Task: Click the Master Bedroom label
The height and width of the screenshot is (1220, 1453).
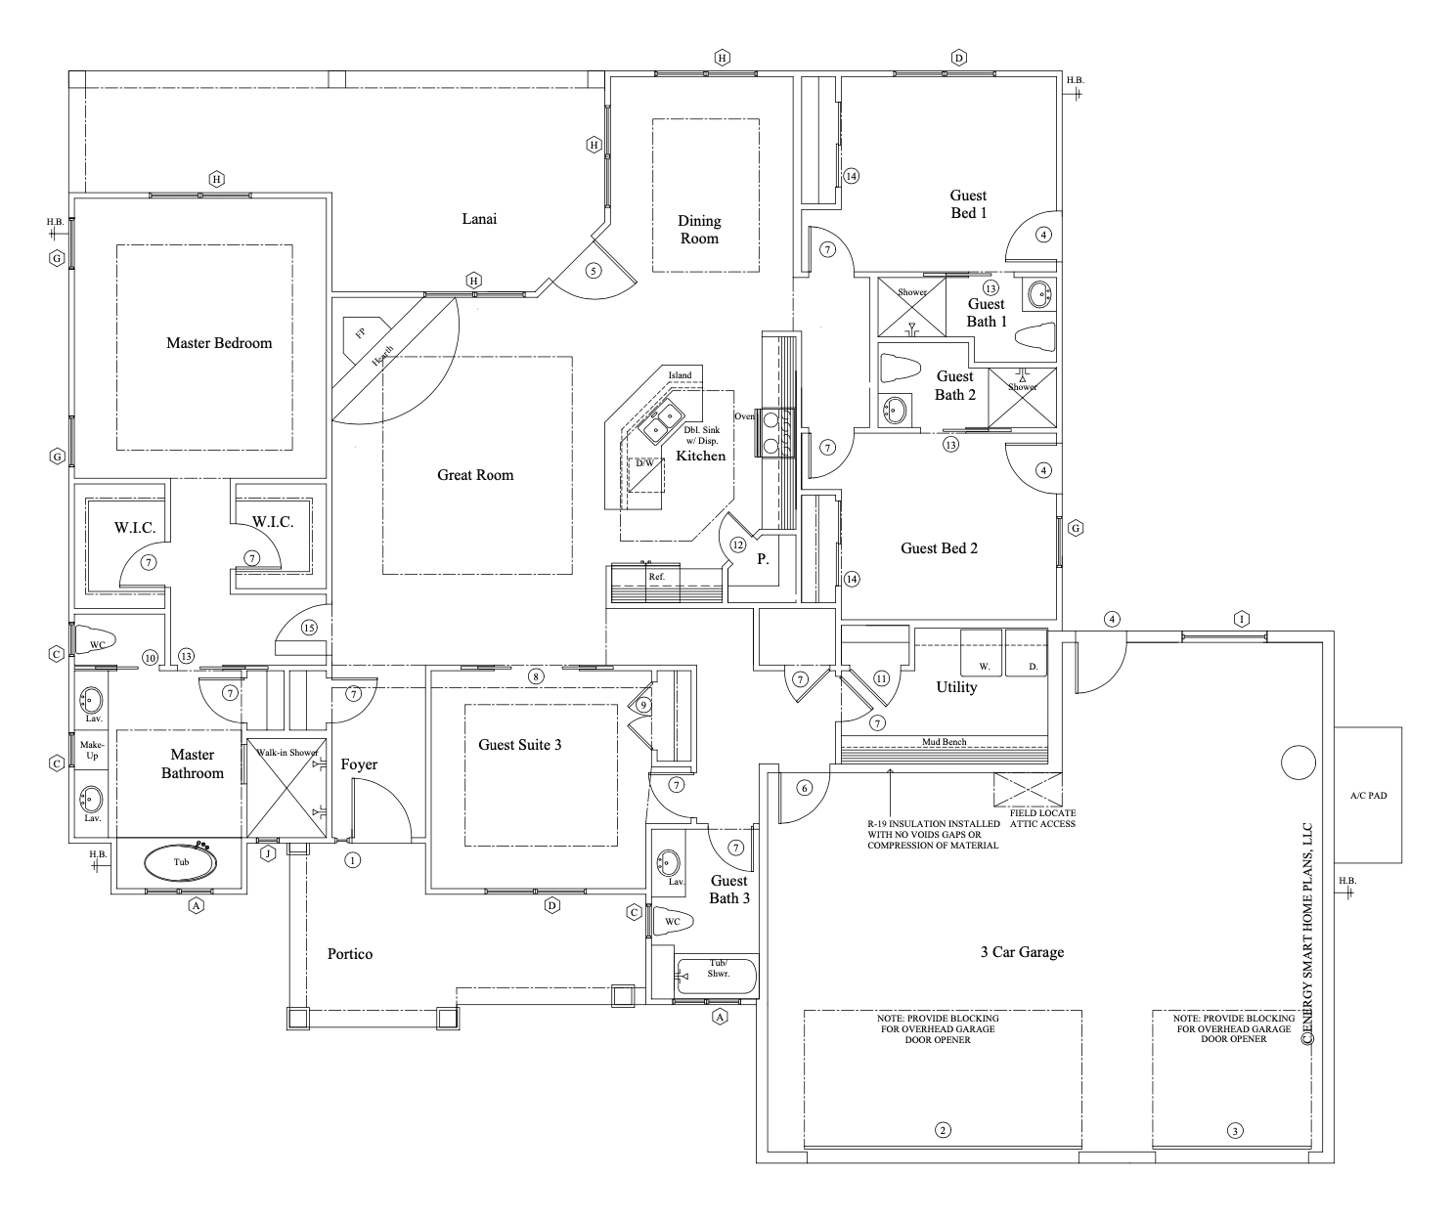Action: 219,343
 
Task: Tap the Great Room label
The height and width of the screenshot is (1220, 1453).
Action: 475,475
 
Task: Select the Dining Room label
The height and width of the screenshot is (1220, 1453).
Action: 699,230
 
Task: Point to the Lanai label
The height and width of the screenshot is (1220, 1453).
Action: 479,219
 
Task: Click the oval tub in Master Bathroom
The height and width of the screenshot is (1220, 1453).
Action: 181,863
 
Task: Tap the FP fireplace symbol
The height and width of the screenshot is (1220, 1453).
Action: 359,333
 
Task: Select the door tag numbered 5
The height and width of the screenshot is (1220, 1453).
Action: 593,271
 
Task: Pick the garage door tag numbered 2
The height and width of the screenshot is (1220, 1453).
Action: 943,1131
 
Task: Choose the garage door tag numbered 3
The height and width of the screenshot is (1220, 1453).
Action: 1235,1131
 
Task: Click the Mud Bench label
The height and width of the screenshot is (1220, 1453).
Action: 944,742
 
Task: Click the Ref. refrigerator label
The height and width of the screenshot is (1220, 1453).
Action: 656,577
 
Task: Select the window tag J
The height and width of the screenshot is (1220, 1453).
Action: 267,853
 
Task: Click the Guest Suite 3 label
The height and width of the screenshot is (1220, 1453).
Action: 519,745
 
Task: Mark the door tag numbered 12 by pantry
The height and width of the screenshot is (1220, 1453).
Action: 737,545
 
